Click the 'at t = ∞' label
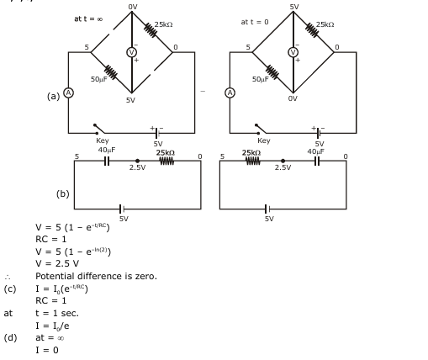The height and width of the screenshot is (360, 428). [x=88, y=19]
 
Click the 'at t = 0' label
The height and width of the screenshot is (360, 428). [x=255, y=22]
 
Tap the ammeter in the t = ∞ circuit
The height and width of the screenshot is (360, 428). [x=68, y=93]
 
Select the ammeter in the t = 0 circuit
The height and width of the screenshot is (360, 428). [x=230, y=93]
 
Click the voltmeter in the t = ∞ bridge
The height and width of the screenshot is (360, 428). [x=131, y=52]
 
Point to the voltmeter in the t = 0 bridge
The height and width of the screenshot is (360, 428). [x=293, y=52]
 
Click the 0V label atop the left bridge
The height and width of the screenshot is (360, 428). [x=133, y=7]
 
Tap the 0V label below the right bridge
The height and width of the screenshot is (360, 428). [x=293, y=98]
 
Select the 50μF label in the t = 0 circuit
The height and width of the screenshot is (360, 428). [x=261, y=79]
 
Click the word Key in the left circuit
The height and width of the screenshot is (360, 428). [x=102, y=140]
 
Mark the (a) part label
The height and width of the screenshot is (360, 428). [x=53, y=96]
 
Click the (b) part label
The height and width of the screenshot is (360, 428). [x=63, y=193]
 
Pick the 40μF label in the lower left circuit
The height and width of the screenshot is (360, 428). [x=107, y=150]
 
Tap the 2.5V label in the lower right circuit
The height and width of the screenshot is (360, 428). [x=283, y=167]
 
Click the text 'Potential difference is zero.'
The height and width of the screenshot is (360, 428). [x=96, y=276]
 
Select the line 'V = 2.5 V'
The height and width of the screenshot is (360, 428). [x=57, y=263]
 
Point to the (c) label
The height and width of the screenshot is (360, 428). [x=10, y=289]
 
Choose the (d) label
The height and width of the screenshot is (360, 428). [x=10, y=337]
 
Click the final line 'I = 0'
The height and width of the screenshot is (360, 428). [x=47, y=350]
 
